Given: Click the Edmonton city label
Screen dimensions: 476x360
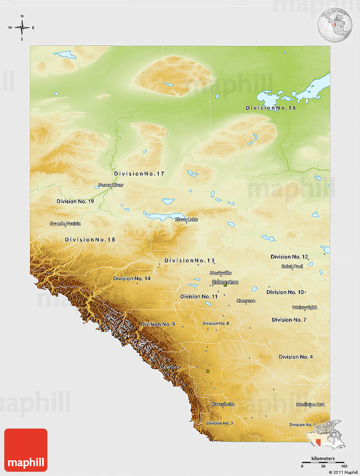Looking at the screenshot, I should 225,282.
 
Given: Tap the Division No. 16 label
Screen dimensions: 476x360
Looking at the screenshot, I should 271,108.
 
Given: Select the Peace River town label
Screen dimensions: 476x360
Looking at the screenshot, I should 111,185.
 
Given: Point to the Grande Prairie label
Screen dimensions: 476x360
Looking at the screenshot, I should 65,224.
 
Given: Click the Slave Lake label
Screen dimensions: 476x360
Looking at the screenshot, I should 186,220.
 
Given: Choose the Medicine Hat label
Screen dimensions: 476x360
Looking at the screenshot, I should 310,405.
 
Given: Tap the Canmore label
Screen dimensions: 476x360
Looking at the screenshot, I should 169,367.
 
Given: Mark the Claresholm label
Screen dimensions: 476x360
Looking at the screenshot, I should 223,404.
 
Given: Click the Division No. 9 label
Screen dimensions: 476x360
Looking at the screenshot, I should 158,324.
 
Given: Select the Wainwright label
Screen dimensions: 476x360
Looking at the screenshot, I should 305,308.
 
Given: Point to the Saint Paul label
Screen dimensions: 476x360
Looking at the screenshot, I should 292,267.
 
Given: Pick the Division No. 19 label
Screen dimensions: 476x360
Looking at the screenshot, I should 75,201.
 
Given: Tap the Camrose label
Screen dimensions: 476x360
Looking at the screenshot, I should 246,301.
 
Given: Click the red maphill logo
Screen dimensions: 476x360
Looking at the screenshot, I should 26,450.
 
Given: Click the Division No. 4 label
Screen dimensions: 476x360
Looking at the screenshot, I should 296,357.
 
